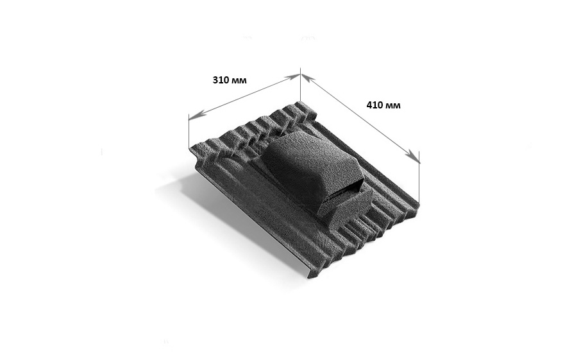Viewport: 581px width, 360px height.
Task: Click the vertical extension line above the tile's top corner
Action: tap(300, 87)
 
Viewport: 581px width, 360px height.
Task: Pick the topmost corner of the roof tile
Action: tap(301, 103)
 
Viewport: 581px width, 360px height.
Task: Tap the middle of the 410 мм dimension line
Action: tap(360, 116)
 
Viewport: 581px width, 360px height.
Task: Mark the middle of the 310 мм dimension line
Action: tap(244, 96)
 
